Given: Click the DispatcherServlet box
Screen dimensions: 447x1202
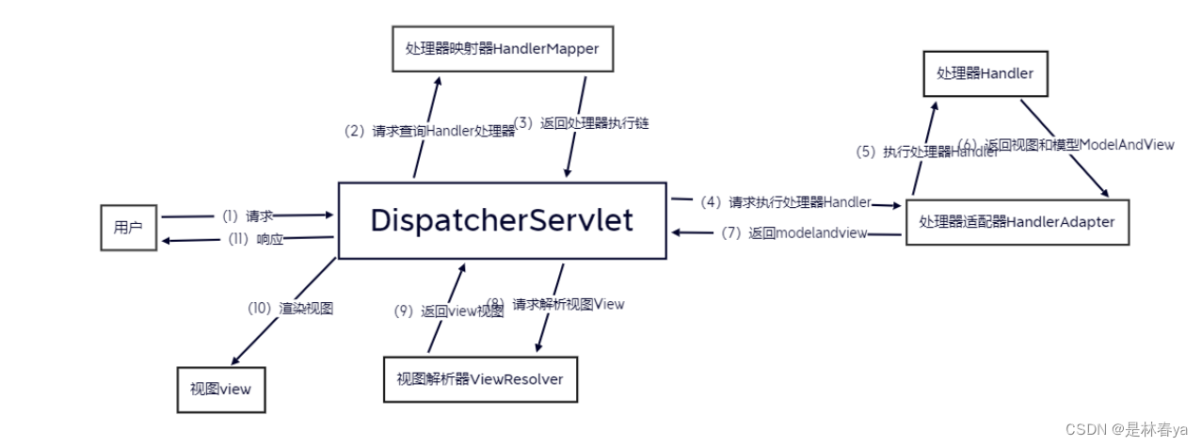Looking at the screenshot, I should tap(502, 220).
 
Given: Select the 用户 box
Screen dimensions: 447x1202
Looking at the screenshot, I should tap(128, 227).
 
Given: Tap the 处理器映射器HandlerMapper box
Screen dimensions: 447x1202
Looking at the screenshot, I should tap(502, 49).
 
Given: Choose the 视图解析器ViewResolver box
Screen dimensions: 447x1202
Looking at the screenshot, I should tap(480, 379).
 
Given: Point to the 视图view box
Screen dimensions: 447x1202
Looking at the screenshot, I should tap(220, 389).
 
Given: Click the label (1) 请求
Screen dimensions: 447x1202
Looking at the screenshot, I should tap(247, 216).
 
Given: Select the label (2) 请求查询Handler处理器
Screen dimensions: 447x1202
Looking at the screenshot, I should tap(429, 132).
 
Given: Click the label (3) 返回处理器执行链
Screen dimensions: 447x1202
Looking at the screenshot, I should tap(581, 123).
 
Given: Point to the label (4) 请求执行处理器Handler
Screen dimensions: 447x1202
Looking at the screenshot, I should tap(785, 201).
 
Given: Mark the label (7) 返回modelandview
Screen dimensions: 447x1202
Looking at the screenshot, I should tap(793, 233).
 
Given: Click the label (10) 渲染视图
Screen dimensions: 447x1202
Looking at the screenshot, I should tap(290, 308).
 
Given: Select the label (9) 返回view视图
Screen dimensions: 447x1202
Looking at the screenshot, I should tap(448, 311).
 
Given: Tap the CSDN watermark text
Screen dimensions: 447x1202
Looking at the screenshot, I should tap(1127, 429).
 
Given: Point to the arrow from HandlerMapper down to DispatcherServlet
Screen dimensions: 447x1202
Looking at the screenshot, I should tap(576, 127).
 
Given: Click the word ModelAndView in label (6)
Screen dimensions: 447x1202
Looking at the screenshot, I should tap(1126, 145).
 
